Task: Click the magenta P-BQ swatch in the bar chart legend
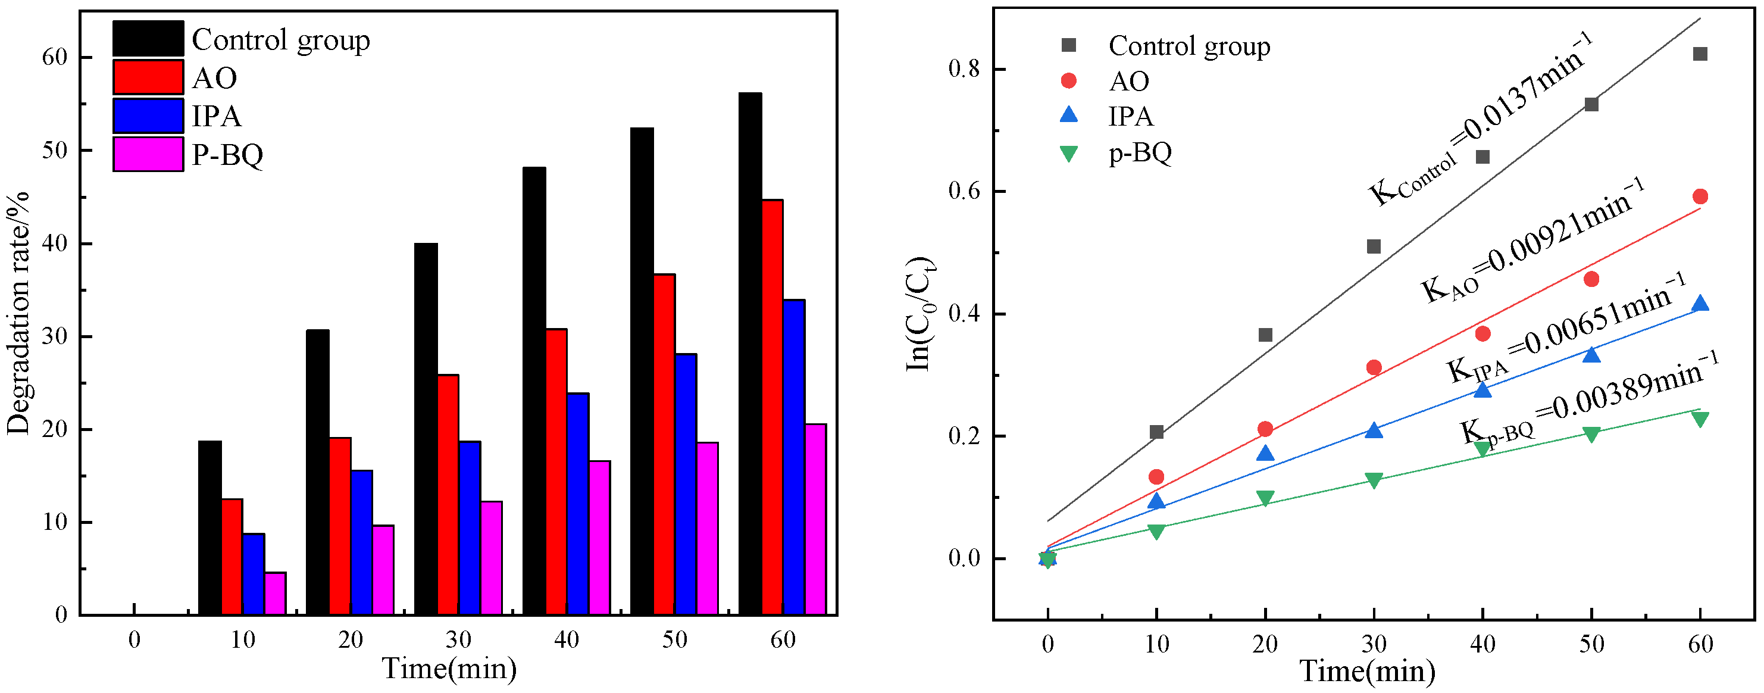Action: tap(148, 154)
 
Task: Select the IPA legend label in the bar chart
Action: tap(217, 117)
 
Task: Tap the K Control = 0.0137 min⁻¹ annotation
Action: tap(1479, 120)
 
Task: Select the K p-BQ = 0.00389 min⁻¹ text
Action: tap(1588, 400)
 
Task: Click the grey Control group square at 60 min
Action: tap(1700, 54)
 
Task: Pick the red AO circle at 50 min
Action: tap(1591, 279)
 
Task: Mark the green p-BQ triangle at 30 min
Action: tap(1374, 480)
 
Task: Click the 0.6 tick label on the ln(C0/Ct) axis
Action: tap(964, 192)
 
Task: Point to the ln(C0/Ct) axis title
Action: tap(919, 314)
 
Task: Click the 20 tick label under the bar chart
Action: tap(351, 640)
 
